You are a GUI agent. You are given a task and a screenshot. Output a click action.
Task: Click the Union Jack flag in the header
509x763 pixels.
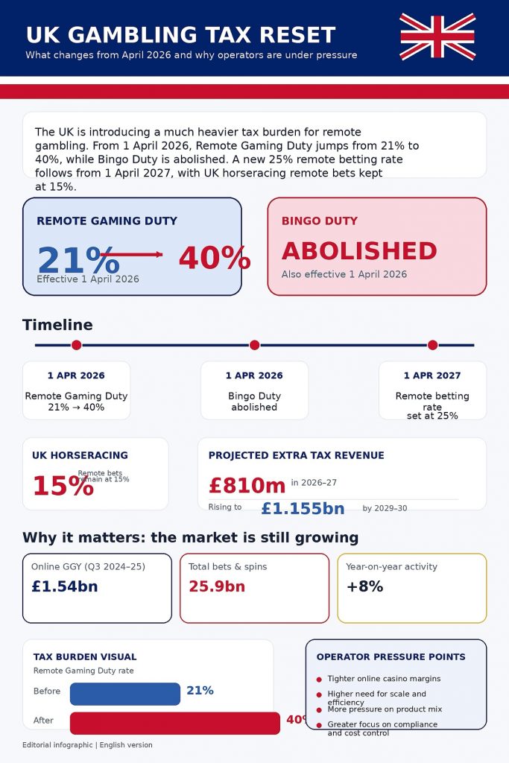pyautogui.click(x=437, y=36)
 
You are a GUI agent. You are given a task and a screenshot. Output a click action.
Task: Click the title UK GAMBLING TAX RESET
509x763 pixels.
pyautogui.click(x=180, y=35)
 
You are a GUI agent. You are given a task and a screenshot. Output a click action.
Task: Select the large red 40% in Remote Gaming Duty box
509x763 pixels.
pyautogui.click(x=214, y=258)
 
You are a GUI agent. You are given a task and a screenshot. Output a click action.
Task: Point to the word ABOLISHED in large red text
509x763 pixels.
pyautogui.click(x=359, y=250)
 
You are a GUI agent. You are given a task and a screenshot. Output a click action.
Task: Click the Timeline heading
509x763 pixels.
pyautogui.click(x=57, y=325)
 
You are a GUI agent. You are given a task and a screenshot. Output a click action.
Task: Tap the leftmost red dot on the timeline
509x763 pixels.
pyautogui.click(x=76, y=345)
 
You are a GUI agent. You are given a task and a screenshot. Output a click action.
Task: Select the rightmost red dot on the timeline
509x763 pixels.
pyautogui.click(x=432, y=345)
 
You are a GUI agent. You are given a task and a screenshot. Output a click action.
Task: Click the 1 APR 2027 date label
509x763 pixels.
pyautogui.click(x=432, y=376)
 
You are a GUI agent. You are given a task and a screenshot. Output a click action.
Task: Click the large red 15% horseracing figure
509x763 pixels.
pyautogui.click(x=63, y=486)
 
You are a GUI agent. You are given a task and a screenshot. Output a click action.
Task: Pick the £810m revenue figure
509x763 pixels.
pyautogui.click(x=247, y=486)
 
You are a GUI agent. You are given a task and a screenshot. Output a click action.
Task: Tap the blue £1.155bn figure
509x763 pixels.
pyautogui.click(x=303, y=509)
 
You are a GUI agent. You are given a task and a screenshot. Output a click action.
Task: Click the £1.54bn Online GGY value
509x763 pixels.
pyautogui.click(x=64, y=586)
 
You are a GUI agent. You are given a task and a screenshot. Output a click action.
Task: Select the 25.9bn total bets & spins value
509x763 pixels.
pyautogui.click(x=217, y=586)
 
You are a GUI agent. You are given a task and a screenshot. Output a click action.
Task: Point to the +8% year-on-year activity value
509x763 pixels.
pyautogui.click(x=364, y=586)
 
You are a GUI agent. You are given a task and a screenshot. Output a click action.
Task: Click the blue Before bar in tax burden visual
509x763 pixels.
pyautogui.click(x=125, y=694)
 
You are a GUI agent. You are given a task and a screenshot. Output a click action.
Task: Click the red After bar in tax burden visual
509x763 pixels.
pyautogui.click(x=174, y=723)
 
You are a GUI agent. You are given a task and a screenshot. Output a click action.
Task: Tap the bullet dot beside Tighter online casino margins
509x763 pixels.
pyautogui.click(x=319, y=680)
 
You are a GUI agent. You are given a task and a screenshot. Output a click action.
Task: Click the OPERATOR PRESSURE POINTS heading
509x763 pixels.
pyautogui.click(x=391, y=657)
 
